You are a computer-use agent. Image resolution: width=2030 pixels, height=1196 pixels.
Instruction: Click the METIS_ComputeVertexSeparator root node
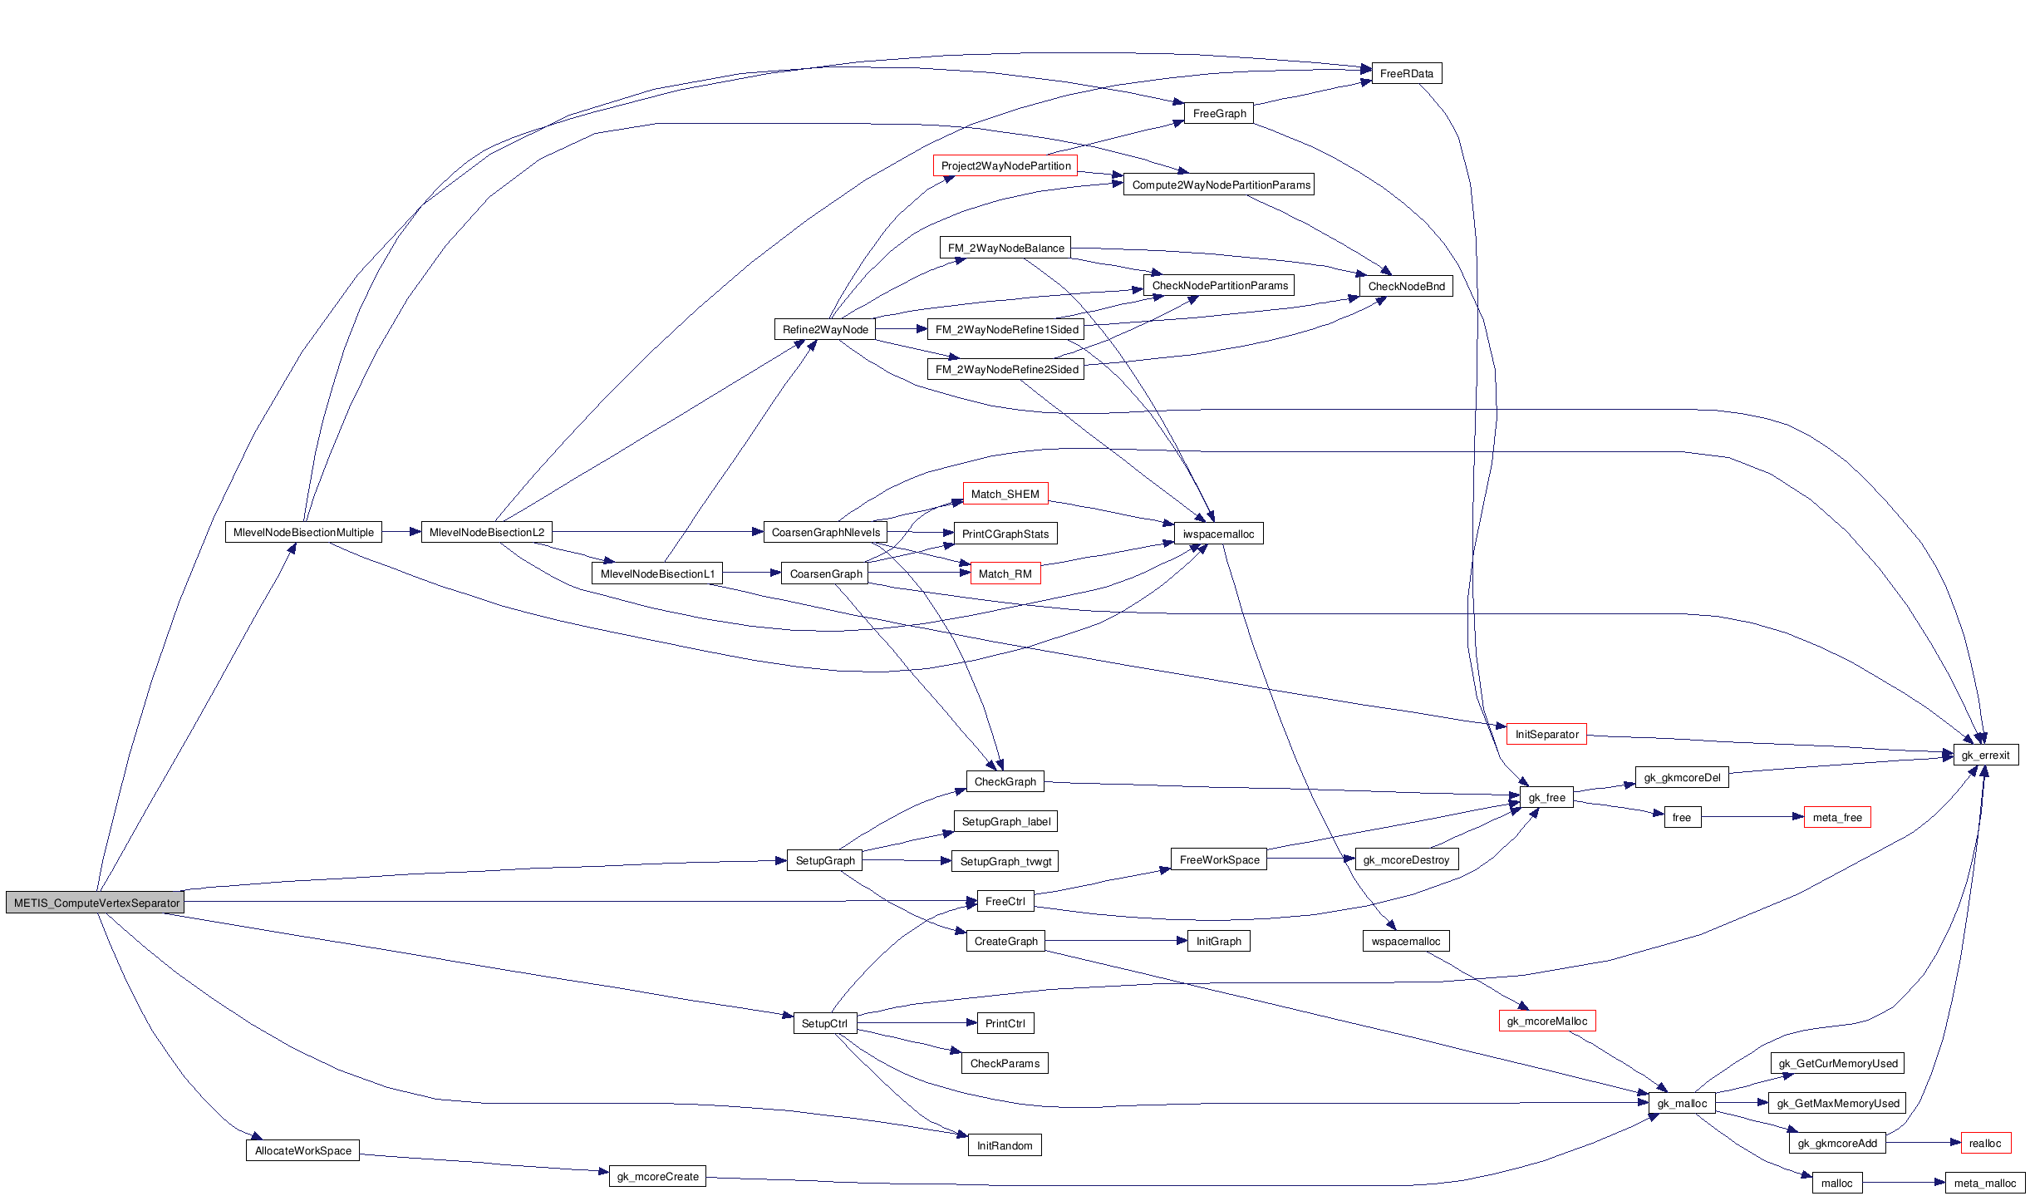(x=96, y=903)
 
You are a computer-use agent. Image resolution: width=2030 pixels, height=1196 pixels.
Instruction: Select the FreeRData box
(x=1406, y=74)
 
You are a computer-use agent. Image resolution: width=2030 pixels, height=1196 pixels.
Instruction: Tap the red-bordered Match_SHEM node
(x=1005, y=494)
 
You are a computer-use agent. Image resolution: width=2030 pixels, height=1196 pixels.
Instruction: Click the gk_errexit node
(x=1984, y=755)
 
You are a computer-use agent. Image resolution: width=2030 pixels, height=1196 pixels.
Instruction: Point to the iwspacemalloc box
(x=1218, y=534)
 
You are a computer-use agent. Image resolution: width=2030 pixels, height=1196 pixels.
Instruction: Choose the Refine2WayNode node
(x=824, y=329)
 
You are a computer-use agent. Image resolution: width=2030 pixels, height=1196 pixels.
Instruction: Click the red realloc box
(x=1984, y=1143)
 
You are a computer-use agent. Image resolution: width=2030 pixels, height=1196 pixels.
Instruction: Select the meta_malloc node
(x=1984, y=1183)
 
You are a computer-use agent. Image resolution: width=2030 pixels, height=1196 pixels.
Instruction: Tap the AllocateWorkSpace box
(x=302, y=1150)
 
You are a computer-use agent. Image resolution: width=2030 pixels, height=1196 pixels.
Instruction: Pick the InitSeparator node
(x=1546, y=734)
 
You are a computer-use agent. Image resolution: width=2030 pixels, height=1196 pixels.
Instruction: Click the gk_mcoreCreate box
(x=657, y=1176)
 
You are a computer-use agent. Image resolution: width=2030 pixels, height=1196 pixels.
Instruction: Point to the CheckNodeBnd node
(x=1406, y=286)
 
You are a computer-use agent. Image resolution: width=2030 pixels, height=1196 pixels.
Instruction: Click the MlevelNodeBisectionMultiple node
(x=303, y=532)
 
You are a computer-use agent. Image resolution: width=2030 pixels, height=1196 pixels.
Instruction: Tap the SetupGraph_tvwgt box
(x=1005, y=861)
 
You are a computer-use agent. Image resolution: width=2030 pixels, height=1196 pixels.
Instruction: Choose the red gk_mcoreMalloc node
(x=1546, y=1021)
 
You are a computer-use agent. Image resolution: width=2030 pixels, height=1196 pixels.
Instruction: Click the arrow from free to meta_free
(x=1752, y=817)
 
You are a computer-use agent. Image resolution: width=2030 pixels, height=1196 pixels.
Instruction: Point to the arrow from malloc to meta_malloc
(x=1904, y=1183)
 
